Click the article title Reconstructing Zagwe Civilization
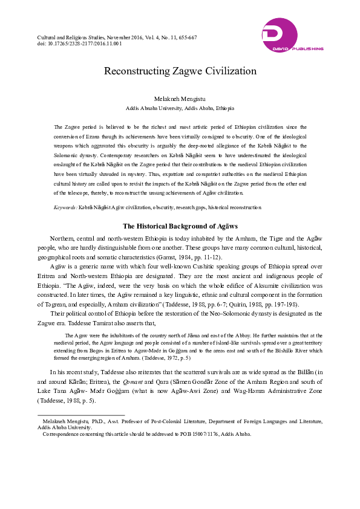[x=180, y=71]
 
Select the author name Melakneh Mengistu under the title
[x=180, y=98]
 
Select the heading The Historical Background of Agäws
[x=180, y=226]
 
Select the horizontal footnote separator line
[x=81, y=415]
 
